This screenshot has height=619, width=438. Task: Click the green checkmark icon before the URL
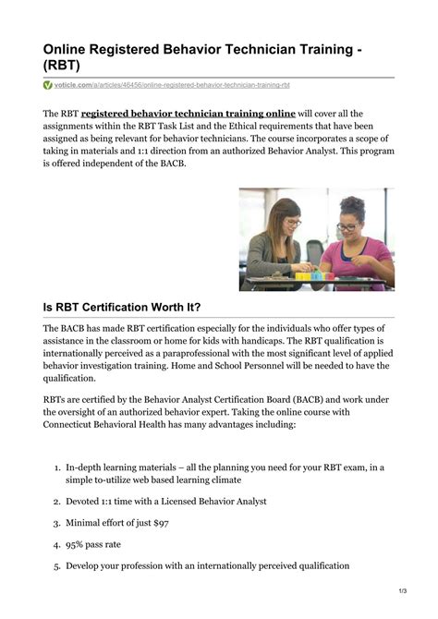click(x=48, y=85)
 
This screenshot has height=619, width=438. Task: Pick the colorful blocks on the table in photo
click(x=311, y=274)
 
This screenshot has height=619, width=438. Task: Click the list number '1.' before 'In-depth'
click(x=56, y=467)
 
